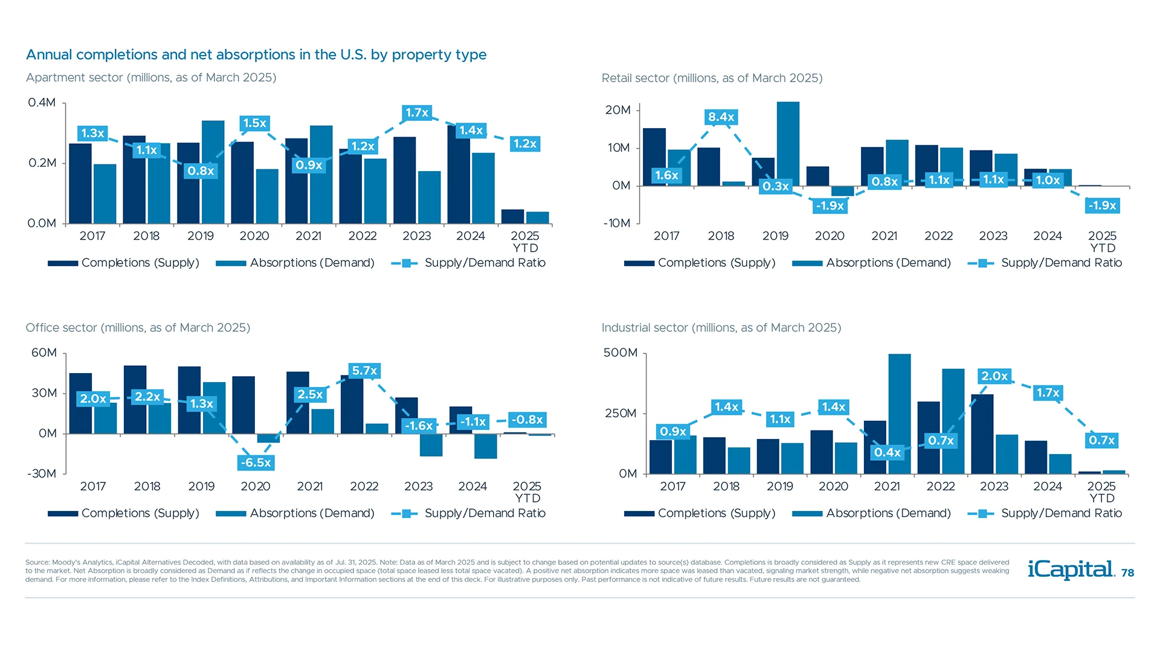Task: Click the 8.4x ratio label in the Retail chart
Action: coord(721,117)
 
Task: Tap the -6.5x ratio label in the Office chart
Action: coord(256,463)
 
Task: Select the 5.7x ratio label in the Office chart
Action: coord(364,371)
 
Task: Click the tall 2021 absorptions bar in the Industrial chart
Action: coord(899,414)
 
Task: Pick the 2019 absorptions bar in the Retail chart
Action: coord(787,143)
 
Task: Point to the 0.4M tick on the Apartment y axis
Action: coord(42,102)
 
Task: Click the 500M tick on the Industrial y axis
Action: coord(620,352)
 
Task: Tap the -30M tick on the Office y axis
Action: coord(42,473)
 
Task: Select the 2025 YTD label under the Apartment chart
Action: coord(525,241)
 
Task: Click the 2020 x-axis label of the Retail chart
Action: coord(830,236)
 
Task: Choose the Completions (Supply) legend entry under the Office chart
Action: coord(124,513)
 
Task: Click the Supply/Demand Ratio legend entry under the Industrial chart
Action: coord(1045,513)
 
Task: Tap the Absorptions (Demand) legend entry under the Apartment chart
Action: coord(295,263)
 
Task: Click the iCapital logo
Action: coord(1071,570)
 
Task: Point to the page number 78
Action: coord(1127,573)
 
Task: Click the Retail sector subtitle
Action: coord(712,78)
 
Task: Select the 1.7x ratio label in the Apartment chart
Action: coord(417,112)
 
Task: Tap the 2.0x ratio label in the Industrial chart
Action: coord(994,376)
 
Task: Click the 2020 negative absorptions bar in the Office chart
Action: coord(268,438)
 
